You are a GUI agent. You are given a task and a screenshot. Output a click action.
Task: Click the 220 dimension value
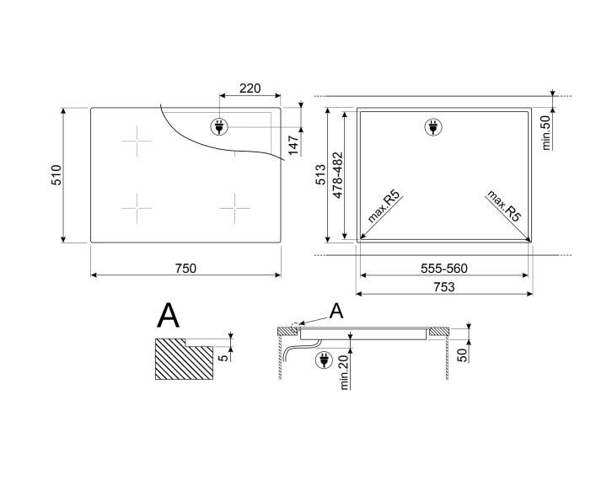click(x=250, y=88)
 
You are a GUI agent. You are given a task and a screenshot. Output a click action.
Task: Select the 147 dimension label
click(x=293, y=145)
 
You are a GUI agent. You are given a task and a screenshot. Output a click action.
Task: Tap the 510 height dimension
click(x=56, y=175)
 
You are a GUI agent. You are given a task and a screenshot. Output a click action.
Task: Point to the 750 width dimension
click(x=185, y=268)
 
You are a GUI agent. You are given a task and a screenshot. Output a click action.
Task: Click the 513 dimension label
click(x=321, y=174)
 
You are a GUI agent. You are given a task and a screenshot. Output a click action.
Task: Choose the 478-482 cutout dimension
click(x=338, y=175)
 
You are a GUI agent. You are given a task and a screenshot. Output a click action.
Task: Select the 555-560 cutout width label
click(x=444, y=268)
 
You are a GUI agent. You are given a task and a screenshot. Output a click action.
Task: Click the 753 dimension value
click(x=444, y=287)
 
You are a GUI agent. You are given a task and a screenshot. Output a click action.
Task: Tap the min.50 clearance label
click(x=546, y=133)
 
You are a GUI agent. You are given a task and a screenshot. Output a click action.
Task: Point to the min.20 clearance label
click(x=345, y=372)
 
